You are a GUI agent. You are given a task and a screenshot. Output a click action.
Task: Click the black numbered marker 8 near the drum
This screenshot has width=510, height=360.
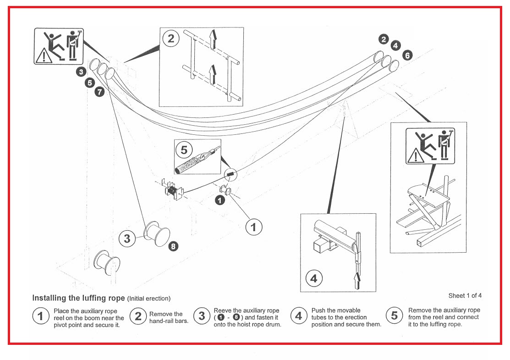point(173,246)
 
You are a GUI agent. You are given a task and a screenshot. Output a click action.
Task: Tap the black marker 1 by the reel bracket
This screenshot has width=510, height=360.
point(220,200)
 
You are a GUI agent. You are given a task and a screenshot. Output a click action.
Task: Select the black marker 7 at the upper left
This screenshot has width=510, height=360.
point(99,92)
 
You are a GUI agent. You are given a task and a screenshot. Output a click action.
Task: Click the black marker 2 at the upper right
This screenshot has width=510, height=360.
point(384,39)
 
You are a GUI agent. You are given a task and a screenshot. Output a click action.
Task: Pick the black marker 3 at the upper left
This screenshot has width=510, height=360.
point(81,72)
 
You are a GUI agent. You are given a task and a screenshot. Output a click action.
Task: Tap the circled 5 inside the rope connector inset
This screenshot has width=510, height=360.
point(184,150)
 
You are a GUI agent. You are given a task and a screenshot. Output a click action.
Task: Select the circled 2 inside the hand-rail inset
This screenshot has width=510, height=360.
point(171,39)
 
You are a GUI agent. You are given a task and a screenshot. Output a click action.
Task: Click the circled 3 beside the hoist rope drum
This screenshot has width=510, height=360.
point(127,238)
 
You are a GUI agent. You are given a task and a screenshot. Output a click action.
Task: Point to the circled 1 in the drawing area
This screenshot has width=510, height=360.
point(254,226)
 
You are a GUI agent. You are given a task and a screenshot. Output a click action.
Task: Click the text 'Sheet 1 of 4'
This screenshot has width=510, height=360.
point(465,295)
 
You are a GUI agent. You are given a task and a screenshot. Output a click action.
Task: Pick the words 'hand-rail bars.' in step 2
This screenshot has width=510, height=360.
point(169,321)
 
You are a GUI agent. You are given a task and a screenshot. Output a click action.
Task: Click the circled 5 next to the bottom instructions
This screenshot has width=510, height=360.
point(394,316)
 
